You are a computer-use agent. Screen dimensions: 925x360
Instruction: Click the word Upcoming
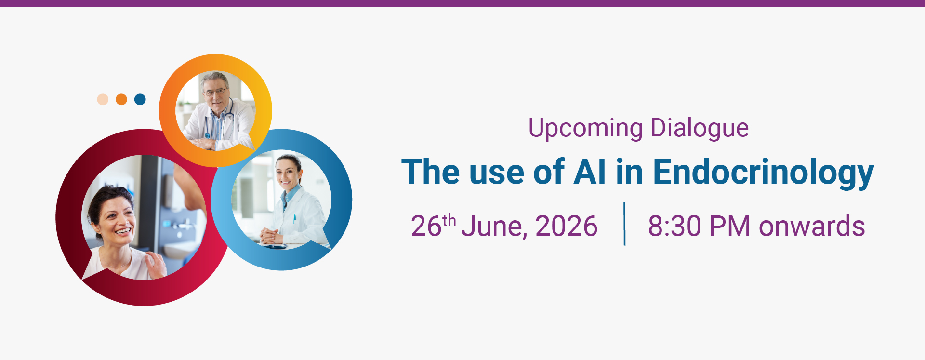[x=585, y=129]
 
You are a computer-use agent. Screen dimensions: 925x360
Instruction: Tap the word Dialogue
[x=700, y=129]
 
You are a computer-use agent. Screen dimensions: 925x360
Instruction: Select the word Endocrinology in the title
[x=763, y=173]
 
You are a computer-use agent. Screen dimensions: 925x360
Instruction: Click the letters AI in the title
[x=590, y=172]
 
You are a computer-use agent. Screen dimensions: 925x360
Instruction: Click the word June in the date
[x=494, y=227]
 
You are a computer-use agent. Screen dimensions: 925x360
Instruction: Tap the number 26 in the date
[x=426, y=226]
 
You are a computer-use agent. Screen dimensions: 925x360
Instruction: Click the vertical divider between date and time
[x=624, y=224]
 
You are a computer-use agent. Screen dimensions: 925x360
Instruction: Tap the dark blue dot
[x=140, y=99]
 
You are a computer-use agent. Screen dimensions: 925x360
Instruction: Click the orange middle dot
[x=121, y=99]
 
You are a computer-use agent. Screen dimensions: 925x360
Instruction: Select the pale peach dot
[x=103, y=99]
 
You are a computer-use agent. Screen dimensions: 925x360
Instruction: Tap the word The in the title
[x=431, y=172]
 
